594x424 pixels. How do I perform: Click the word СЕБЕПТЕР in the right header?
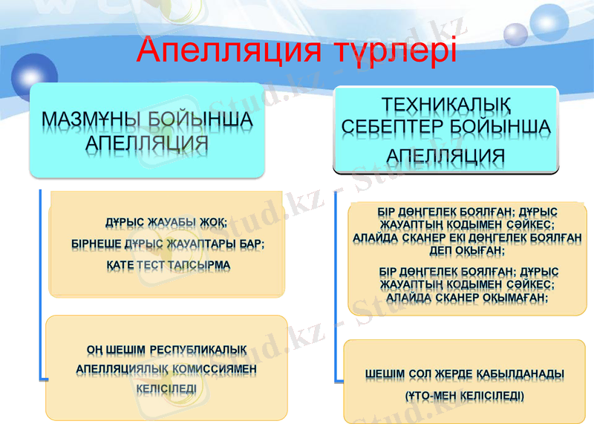pos(392,128)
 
